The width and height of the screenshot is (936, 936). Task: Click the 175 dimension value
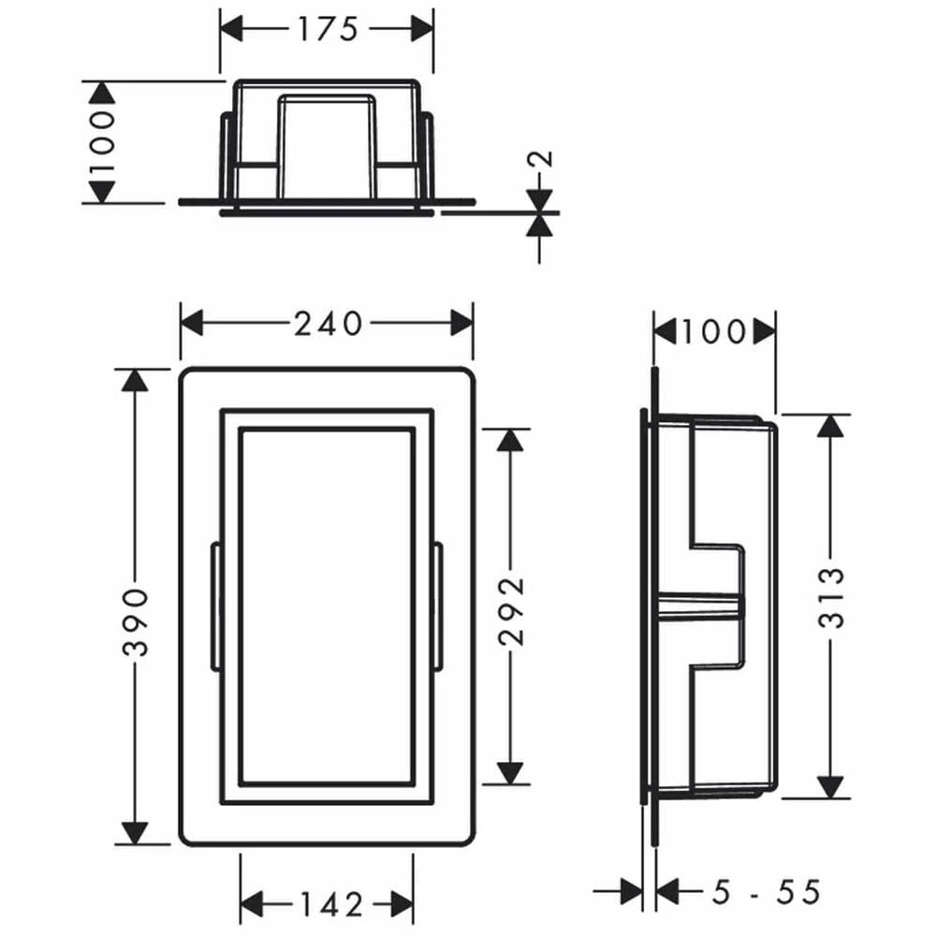click(328, 29)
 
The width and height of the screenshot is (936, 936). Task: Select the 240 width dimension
click(328, 324)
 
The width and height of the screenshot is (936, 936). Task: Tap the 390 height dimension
click(136, 622)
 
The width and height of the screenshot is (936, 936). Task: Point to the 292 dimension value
click(511, 610)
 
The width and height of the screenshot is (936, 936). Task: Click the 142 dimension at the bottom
click(331, 904)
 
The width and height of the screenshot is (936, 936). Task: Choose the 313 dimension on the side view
click(831, 597)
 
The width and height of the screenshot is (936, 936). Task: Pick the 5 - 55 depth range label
click(767, 893)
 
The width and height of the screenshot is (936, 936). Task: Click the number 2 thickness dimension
click(540, 159)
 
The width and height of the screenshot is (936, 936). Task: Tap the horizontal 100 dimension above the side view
click(714, 332)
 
